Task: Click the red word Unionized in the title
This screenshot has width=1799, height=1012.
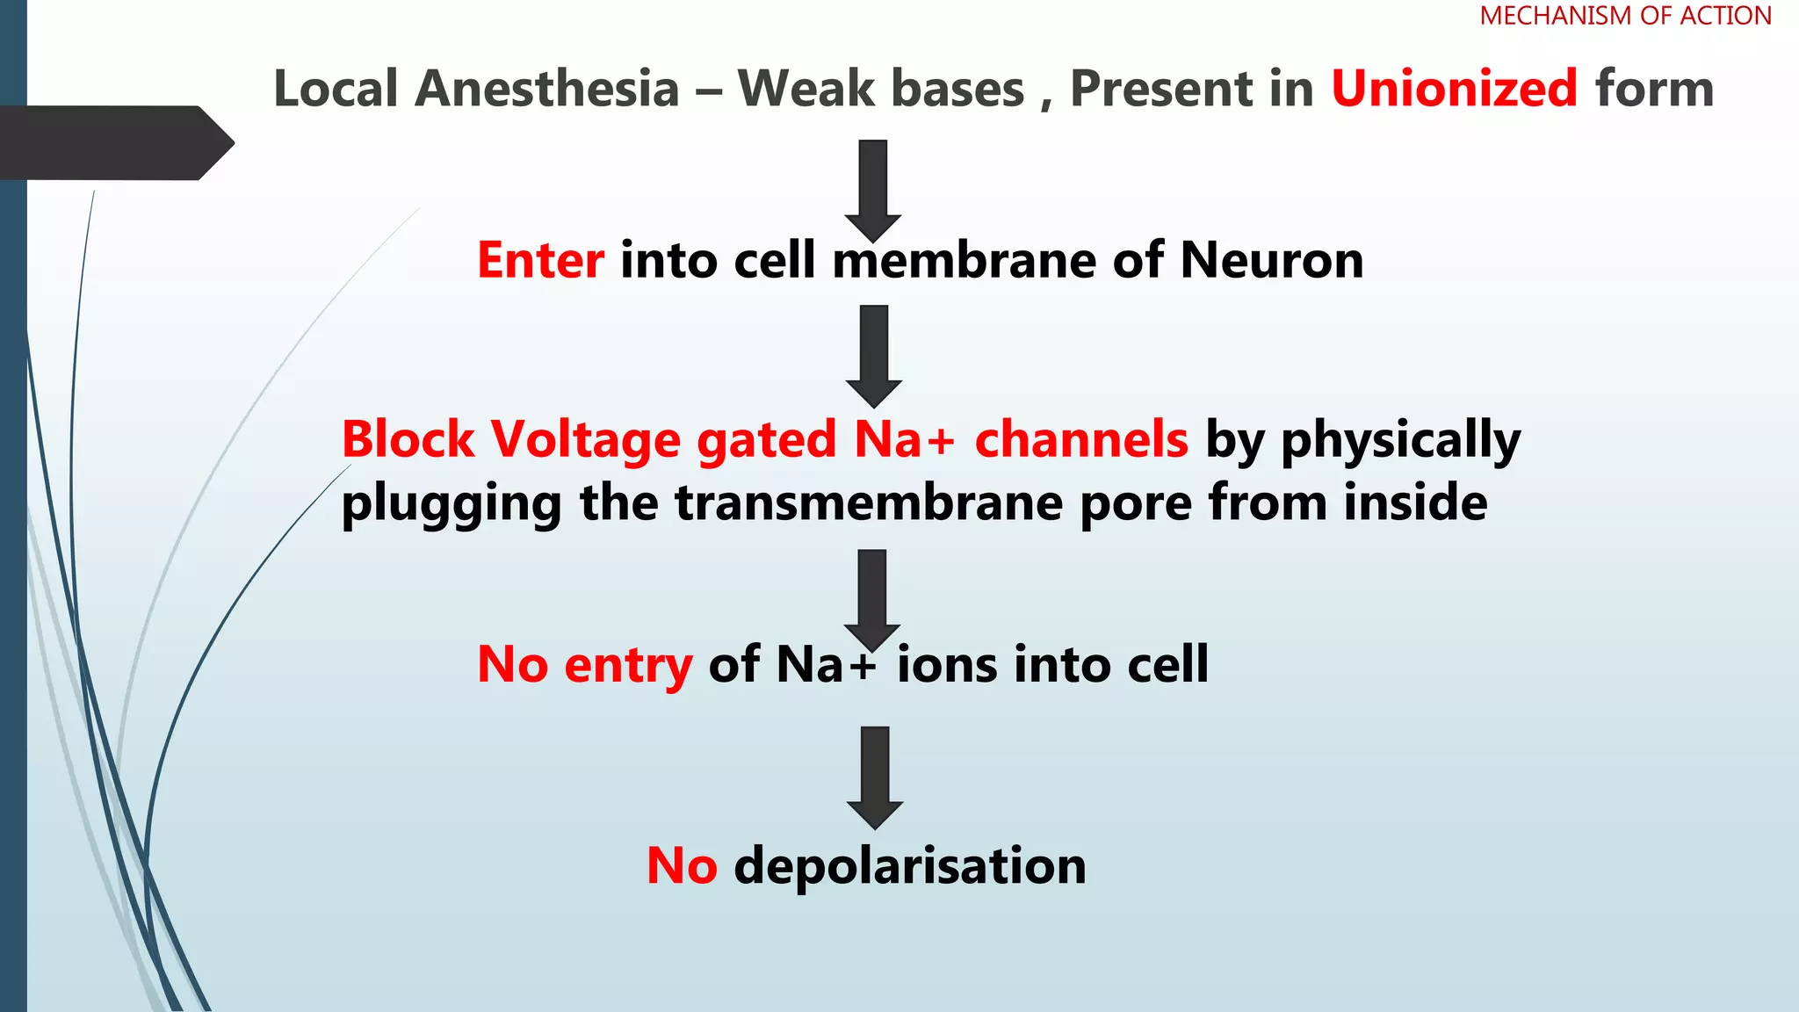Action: pyautogui.click(x=1454, y=89)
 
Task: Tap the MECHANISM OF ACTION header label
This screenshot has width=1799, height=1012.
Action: pyautogui.click(x=1625, y=16)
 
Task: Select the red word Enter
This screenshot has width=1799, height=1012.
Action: pyautogui.click(x=540, y=260)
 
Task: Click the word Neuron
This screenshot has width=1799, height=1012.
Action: pyautogui.click(x=1271, y=260)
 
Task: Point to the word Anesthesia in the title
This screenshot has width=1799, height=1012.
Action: pyautogui.click(x=546, y=89)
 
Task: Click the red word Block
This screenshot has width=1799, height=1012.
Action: pyautogui.click(x=408, y=438)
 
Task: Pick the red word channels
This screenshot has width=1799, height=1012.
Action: pyautogui.click(x=1080, y=438)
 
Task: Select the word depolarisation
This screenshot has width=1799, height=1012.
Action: pyautogui.click(x=910, y=866)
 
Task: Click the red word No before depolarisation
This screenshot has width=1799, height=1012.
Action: pyautogui.click(x=682, y=866)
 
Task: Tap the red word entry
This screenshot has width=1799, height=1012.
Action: pyautogui.click(x=627, y=666)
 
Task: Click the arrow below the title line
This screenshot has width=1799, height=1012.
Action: pyautogui.click(x=872, y=188)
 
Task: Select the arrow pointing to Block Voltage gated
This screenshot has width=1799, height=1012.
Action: pyautogui.click(x=873, y=354)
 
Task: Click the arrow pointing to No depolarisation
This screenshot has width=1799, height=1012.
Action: pyautogui.click(x=875, y=776)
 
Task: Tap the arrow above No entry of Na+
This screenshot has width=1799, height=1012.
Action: pyautogui.click(x=871, y=598)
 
